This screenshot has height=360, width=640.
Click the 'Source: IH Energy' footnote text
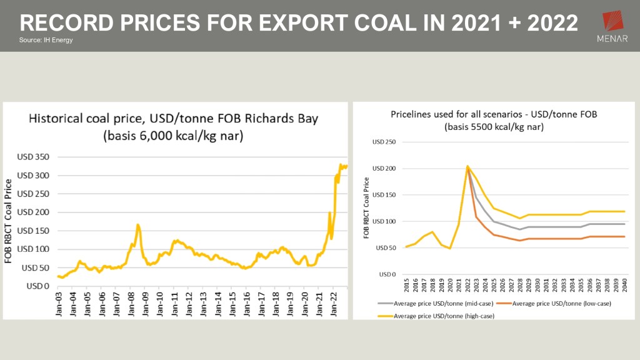[x=46, y=41]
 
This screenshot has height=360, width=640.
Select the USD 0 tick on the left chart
[x=39, y=286]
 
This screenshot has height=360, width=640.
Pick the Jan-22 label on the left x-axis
[x=335, y=306]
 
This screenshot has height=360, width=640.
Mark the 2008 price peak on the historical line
[x=137, y=224]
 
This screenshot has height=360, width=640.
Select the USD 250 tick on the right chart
[x=384, y=142]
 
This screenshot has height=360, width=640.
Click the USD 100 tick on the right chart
[x=384, y=221]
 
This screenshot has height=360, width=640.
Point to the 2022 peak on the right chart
[x=467, y=166]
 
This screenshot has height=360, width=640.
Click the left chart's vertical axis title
[x=9, y=220]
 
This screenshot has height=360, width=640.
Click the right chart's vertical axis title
[x=366, y=207]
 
